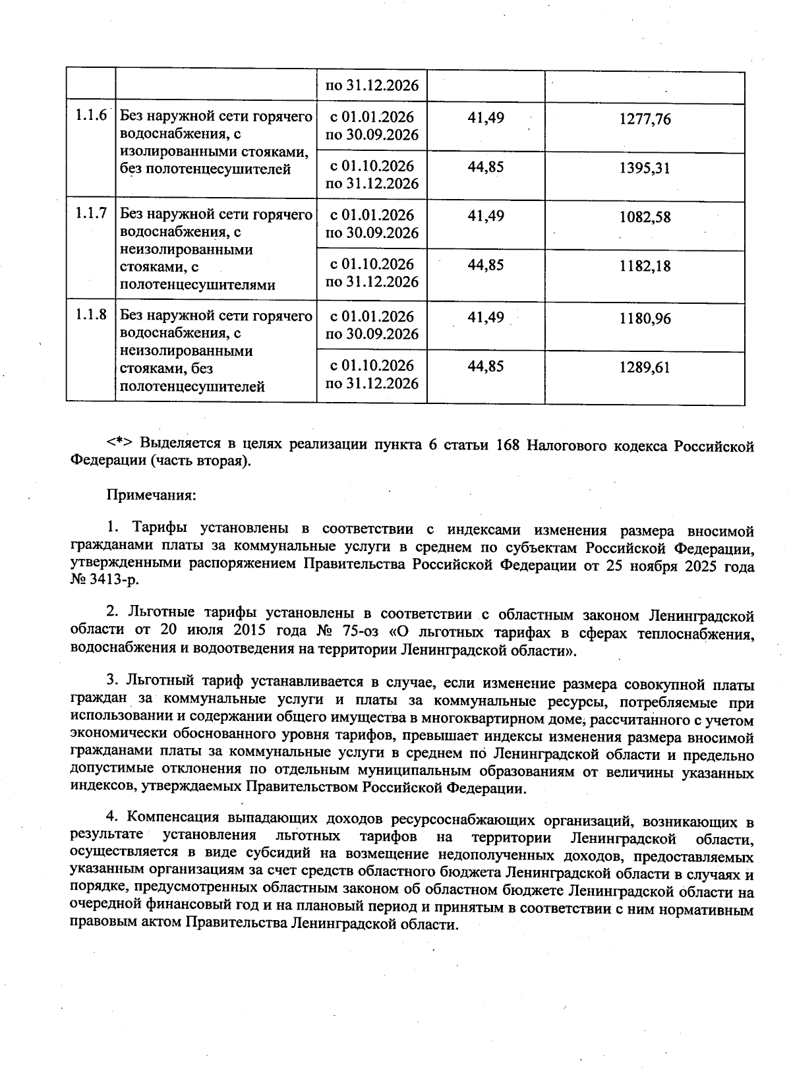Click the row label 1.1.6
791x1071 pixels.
pos(90,117)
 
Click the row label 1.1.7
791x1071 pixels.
pos(90,214)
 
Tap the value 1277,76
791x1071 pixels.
pos(645,119)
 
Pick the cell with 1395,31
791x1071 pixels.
pos(645,168)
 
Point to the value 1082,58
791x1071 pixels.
pos(645,217)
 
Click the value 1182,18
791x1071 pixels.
pos(645,266)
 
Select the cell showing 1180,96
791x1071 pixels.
pos(645,319)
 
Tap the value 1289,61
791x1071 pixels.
pos(645,368)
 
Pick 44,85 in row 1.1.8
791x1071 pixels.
pos(486,366)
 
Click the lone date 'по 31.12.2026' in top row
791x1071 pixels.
pos(372,86)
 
